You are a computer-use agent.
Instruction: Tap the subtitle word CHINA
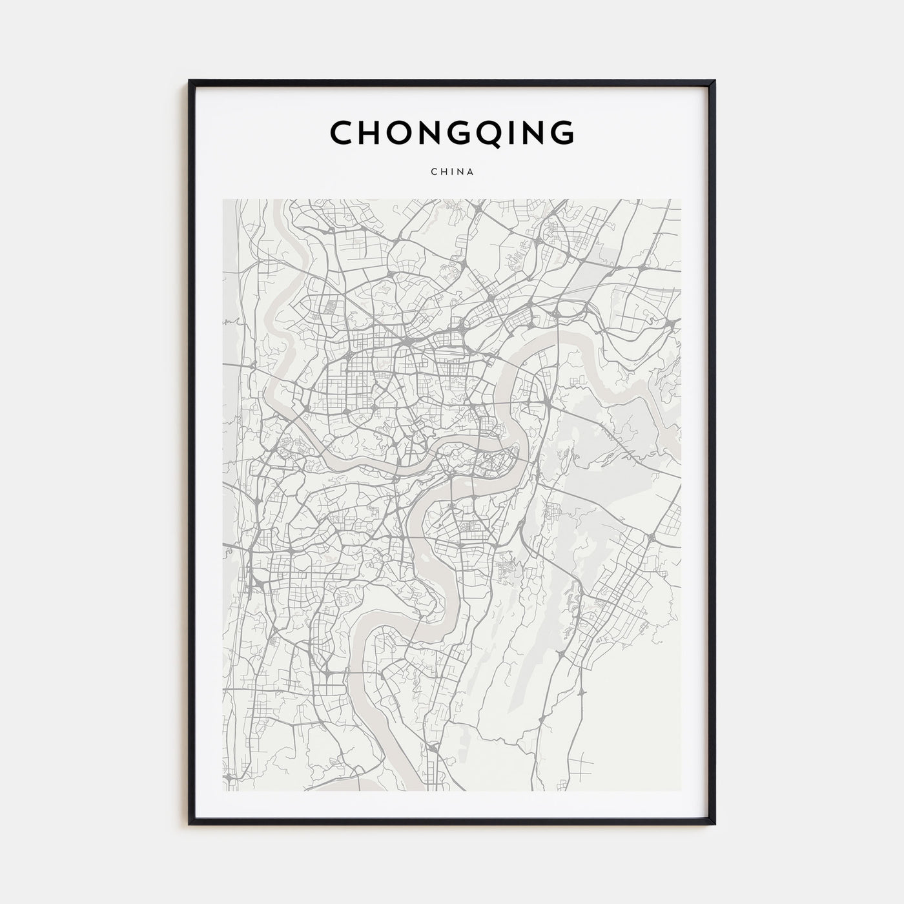452,172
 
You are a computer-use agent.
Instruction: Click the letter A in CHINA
471,172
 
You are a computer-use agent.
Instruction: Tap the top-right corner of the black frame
715,81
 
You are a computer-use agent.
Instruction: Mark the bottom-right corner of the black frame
715,824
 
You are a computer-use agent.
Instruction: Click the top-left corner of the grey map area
223,200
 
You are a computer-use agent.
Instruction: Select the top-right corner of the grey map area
681,200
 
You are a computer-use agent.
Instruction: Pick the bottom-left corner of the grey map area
223,791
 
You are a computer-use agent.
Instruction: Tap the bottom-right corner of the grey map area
681,791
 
